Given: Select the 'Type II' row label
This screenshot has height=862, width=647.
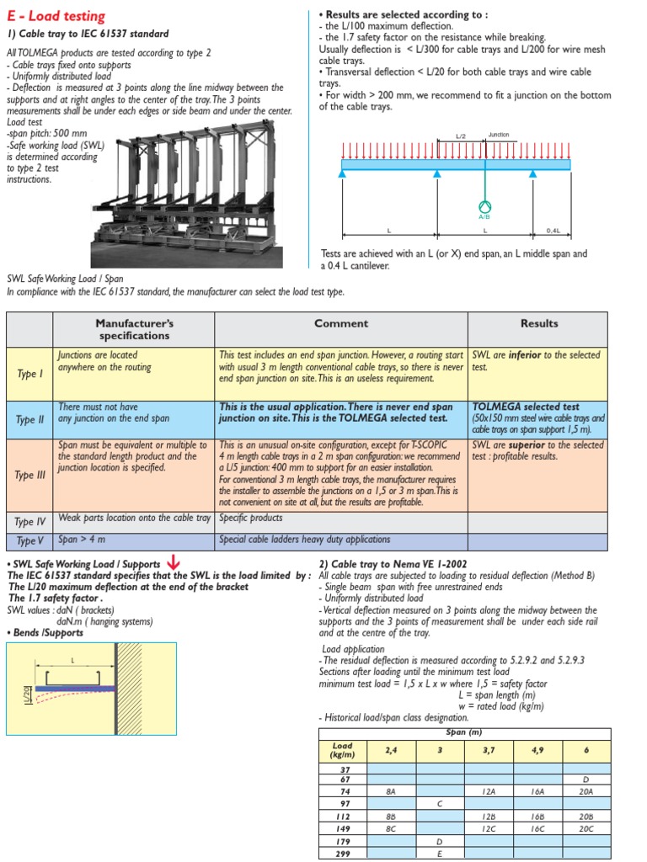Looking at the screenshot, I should click(29, 419).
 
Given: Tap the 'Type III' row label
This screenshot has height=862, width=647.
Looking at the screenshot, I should click(29, 475).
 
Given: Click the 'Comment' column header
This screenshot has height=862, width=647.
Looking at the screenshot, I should click(341, 323).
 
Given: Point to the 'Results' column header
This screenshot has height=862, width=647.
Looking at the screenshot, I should click(539, 323).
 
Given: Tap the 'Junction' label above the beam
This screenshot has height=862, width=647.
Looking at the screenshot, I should click(499, 135).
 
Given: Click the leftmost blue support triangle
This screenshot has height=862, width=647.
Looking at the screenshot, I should click(342, 173).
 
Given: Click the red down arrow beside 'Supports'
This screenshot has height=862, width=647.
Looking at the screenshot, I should click(174, 562).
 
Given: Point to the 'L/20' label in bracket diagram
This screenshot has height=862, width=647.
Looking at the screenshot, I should click(26, 694).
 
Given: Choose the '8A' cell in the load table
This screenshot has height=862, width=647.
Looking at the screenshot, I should click(391, 791).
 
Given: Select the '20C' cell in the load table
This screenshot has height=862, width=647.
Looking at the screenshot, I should click(586, 828).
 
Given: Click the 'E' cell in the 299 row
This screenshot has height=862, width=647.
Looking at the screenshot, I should click(440, 853).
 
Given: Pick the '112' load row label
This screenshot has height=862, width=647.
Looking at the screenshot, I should click(343, 817).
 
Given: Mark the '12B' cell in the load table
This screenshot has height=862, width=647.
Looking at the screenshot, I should click(489, 817).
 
